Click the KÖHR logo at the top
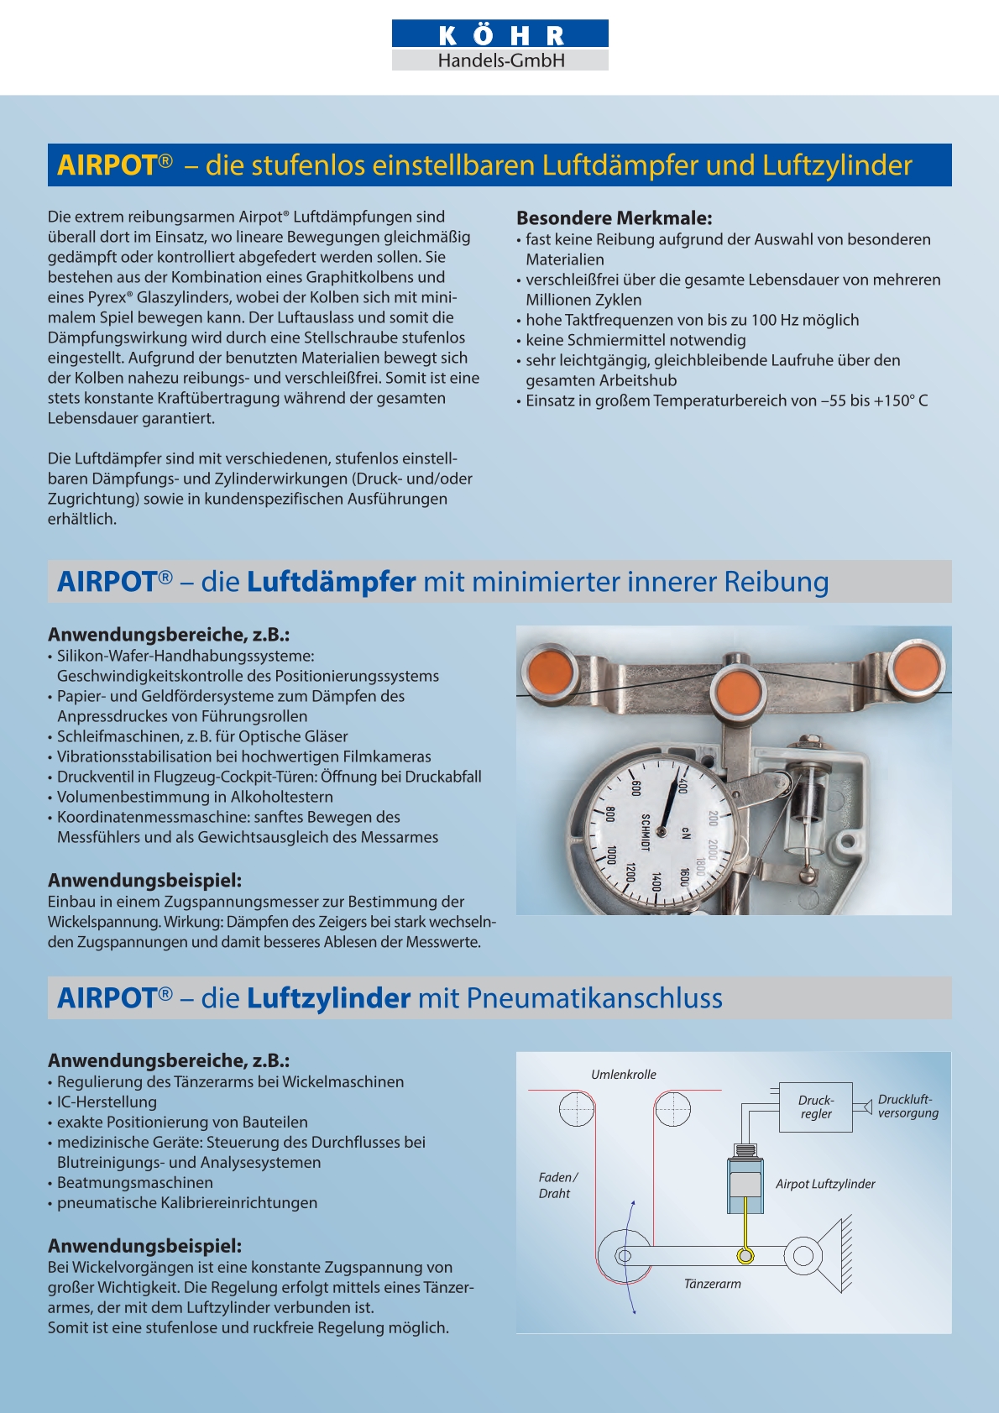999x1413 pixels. pos(500,44)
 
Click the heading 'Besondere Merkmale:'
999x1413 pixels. pos(614,218)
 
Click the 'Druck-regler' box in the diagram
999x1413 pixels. pos(815,1107)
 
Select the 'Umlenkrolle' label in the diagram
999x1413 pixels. pos(623,1075)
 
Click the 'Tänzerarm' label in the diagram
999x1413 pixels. pos(712,1284)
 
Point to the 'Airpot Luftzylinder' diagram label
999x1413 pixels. pos(824,1184)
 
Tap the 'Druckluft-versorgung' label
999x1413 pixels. pos(907,1107)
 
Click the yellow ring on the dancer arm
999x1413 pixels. pos(745,1256)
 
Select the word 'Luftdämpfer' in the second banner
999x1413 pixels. pos(331,582)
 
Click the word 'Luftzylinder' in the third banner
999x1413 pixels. pos(328,998)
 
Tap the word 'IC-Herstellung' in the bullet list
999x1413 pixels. pos(107,1102)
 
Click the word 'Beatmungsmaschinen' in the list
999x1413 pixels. pos(134,1183)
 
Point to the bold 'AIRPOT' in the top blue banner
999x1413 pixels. pos(107,165)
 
